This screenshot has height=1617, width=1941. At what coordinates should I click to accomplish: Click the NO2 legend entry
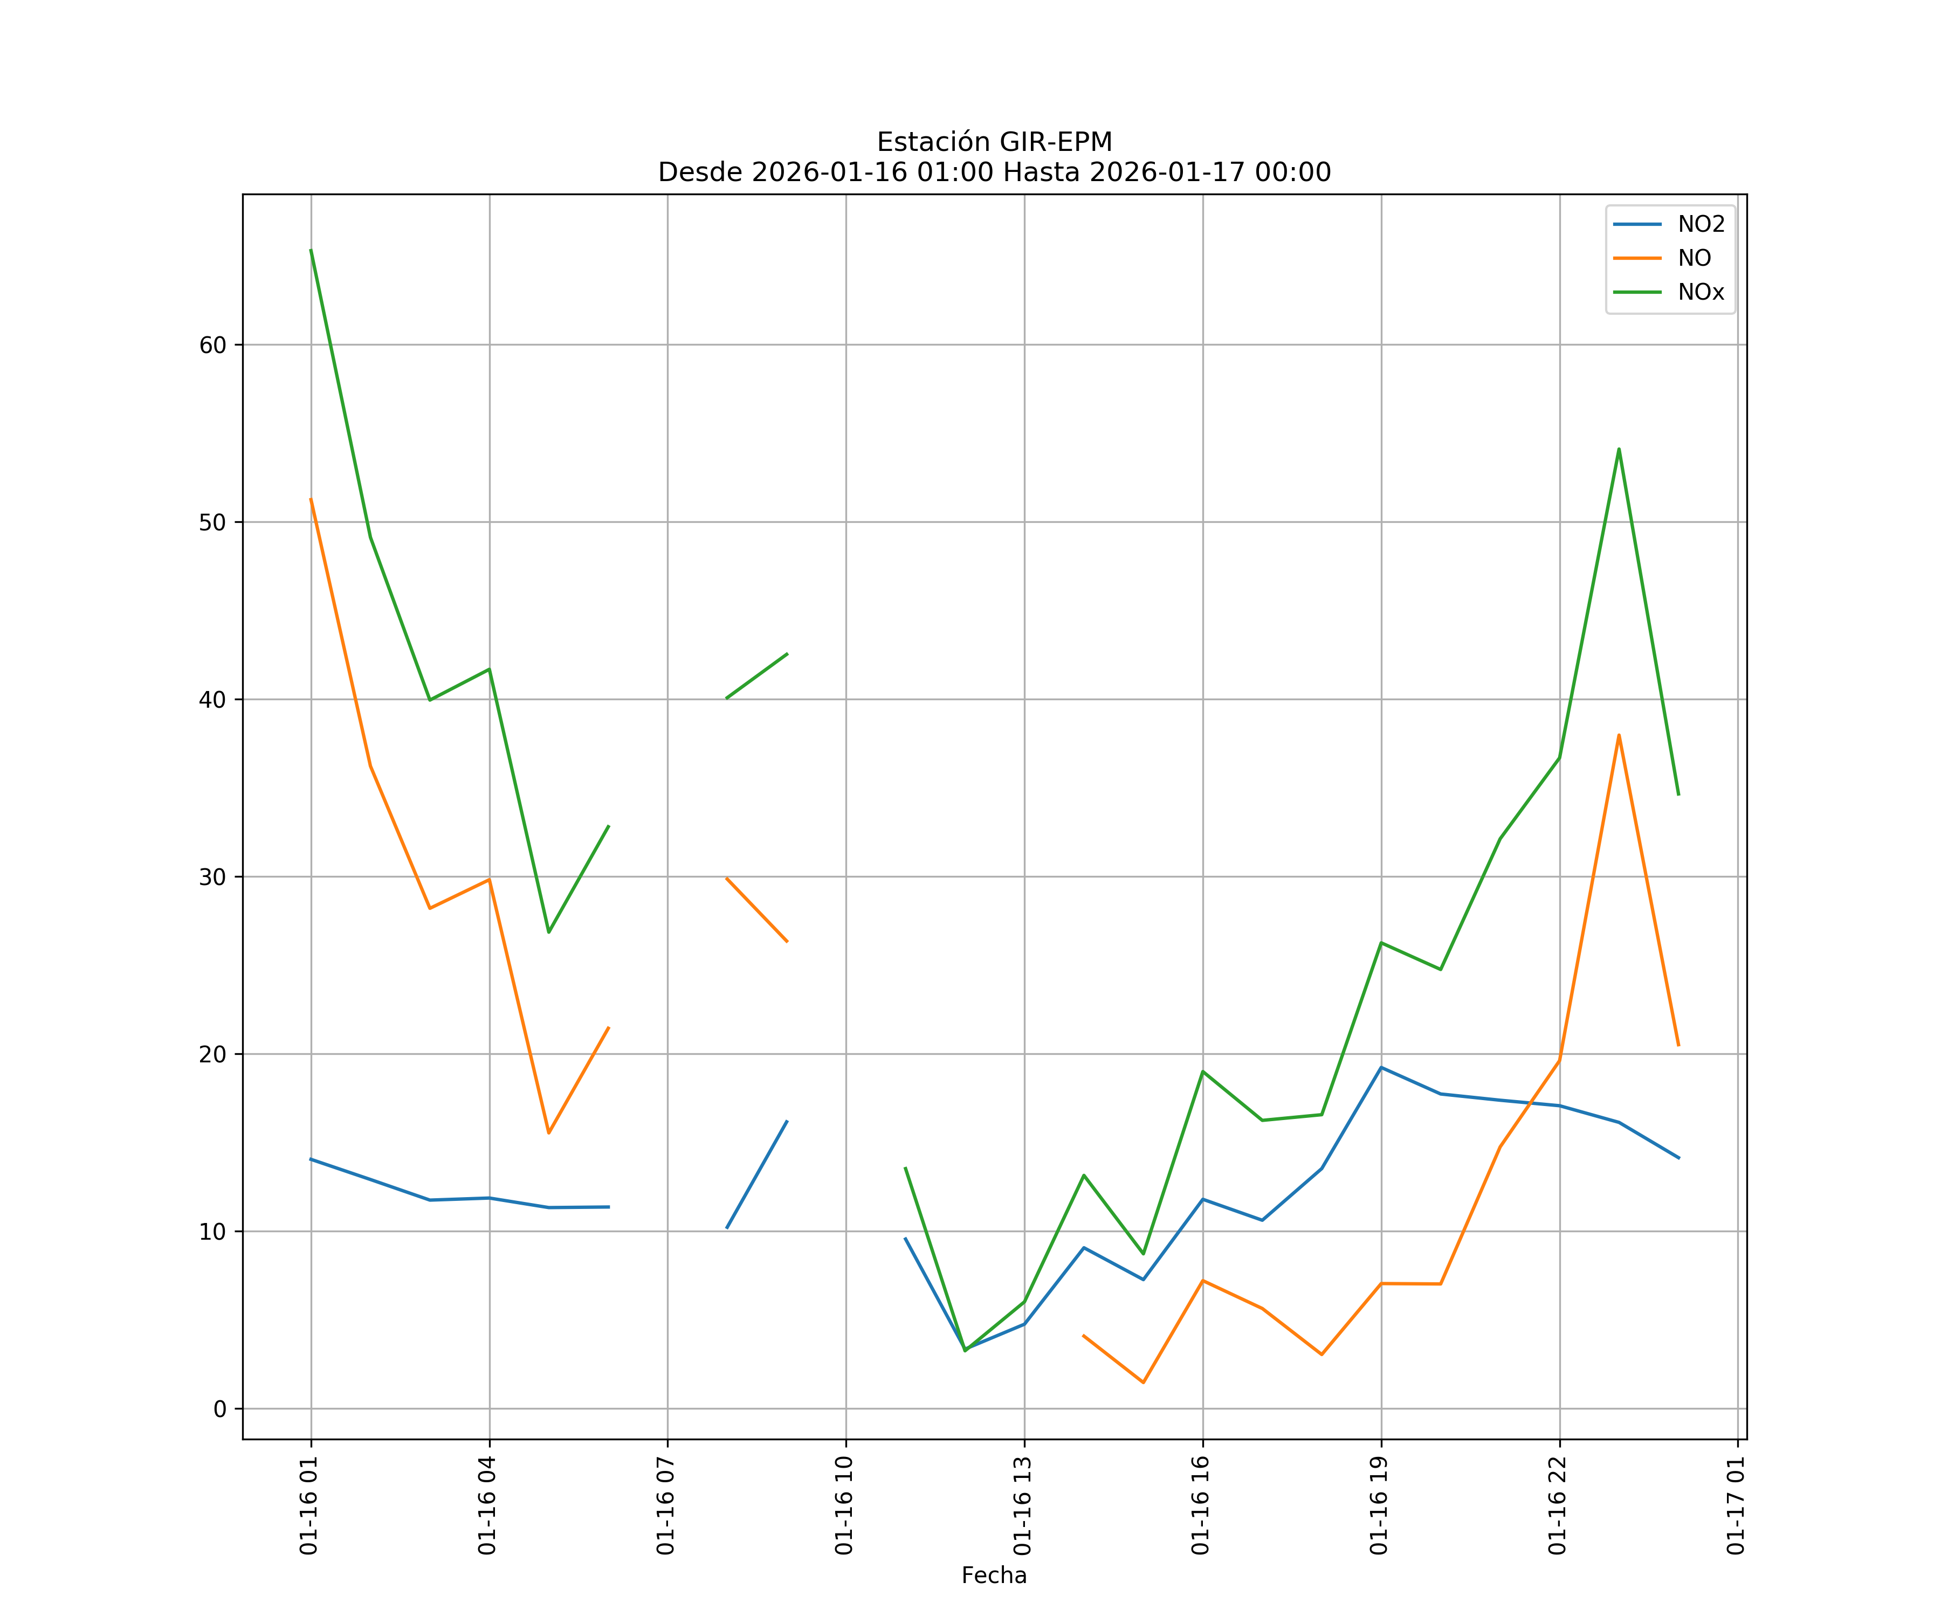pyautogui.click(x=1701, y=225)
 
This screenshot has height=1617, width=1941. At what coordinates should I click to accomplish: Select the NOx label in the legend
pyautogui.click(x=1701, y=292)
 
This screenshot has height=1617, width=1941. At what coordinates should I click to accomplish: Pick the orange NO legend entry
pyautogui.click(x=1694, y=259)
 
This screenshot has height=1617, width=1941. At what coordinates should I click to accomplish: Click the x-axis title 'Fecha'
pyautogui.click(x=994, y=1575)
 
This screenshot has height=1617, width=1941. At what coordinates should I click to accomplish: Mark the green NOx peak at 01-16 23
pyautogui.click(x=1619, y=449)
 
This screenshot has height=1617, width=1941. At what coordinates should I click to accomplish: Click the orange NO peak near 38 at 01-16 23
pyautogui.click(x=1619, y=735)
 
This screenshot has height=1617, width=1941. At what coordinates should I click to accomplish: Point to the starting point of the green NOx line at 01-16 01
pyautogui.click(x=311, y=250)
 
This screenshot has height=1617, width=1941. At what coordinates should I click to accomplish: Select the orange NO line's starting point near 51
pyautogui.click(x=311, y=499)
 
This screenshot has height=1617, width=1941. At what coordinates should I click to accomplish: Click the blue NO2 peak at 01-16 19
pyautogui.click(x=1381, y=1067)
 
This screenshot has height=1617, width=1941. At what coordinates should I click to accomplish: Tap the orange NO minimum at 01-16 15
pyautogui.click(x=1144, y=1383)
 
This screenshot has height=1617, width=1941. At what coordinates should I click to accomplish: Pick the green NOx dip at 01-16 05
pyautogui.click(x=548, y=932)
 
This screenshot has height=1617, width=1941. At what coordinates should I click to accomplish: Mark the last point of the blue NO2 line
pyautogui.click(x=1678, y=1158)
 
